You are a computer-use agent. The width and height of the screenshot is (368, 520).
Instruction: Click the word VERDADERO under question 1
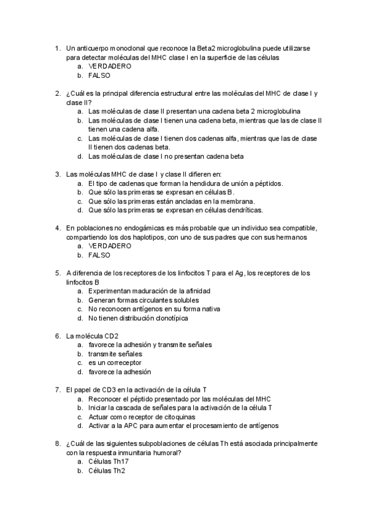click(x=110, y=66)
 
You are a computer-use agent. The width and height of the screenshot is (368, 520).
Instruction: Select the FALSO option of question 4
click(x=99, y=254)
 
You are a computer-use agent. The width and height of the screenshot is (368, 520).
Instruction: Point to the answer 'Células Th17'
click(x=109, y=462)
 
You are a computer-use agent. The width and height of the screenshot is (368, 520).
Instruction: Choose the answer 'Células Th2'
click(x=107, y=471)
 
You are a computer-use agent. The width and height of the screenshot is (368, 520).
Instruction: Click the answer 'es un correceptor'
click(x=115, y=362)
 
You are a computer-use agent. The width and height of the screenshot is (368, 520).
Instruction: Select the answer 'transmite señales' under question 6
click(x=115, y=354)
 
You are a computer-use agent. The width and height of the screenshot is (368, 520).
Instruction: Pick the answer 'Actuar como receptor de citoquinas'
click(x=144, y=416)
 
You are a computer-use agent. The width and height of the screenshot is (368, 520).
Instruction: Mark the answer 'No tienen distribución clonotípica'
click(x=138, y=318)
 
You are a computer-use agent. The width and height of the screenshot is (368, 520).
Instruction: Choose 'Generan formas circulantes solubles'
click(x=144, y=300)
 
